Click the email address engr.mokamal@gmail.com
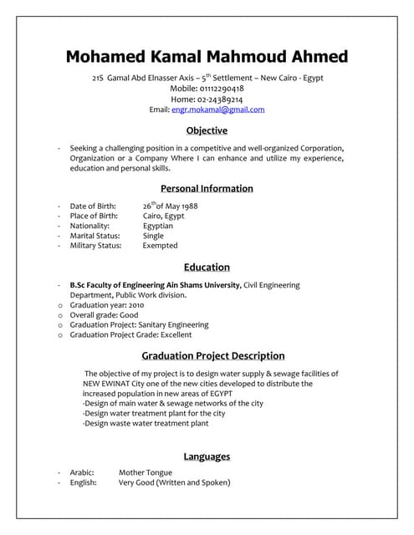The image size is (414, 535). coord(217,110)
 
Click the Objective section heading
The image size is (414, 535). coord(207,130)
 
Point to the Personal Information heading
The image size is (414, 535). coord(207,188)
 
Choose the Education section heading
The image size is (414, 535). coord(207,267)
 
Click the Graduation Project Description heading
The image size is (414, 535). coord(213,355)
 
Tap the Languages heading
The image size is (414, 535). coord(207,456)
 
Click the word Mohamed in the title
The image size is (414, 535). coord(110,57)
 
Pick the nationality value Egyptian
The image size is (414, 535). coord(158,226)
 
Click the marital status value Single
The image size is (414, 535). coord(153,236)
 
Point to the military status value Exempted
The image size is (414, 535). coord(160,246)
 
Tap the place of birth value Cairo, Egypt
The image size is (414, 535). coord(163,216)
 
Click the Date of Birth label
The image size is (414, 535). coord(94,206)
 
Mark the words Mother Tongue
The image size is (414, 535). coord(146,472)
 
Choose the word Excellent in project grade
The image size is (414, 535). coord(176,334)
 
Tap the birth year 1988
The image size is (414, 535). coord(189,206)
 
